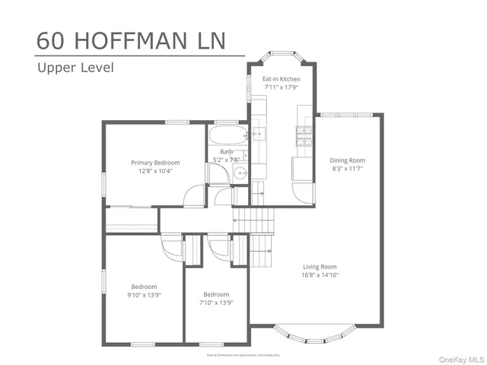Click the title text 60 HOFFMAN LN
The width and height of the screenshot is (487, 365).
coord(131,41)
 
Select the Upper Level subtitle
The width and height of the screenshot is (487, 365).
coord(75,68)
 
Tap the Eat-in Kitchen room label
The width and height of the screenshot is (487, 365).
coord(282,79)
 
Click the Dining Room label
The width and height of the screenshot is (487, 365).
coord(347,160)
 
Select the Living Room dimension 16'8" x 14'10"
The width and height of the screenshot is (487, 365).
coord(320,275)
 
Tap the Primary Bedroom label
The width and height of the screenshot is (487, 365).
coord(155,163)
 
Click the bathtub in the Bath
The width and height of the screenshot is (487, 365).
coord(227,137)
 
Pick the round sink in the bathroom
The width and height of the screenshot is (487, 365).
coord(240,173)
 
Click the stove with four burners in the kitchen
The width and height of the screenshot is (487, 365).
coord(304,137)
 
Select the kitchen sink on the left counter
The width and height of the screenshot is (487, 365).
coord(259,135)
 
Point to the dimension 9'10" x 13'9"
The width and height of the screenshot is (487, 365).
coord(144,295)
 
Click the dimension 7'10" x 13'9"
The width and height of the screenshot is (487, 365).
coord(216,302)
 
